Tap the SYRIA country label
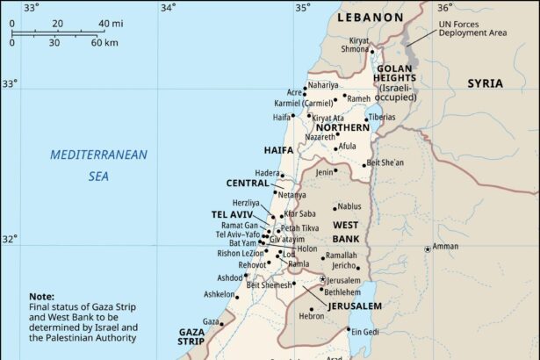click(x=485, y=83)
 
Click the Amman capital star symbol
click(x=428, y=249)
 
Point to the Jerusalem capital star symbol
click(x=322, y=279)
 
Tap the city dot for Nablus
click(x=335, y=208)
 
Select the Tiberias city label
click(x=380, y=117)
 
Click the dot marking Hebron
click(x=311, y=309)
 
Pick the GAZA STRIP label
click(x=191, y=337)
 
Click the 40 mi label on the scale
click(x=110, y=23)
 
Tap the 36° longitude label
click(x=444, y=7)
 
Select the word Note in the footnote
click(x=41, y=297)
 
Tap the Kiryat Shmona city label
click(x=359, y=45)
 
